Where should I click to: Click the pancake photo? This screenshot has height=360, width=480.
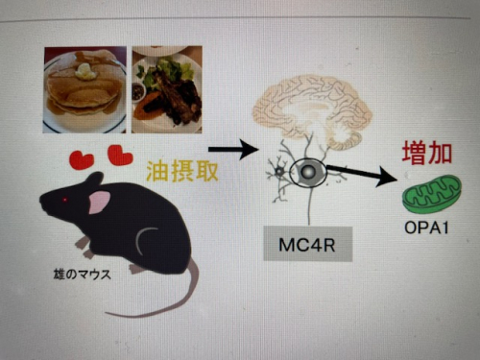click(x=84, y=90)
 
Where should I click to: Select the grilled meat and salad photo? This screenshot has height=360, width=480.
click(x=167, y=89)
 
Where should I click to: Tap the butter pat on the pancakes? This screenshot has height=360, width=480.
click(x=85, y=71)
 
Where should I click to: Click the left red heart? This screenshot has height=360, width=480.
click(x=82, y=160)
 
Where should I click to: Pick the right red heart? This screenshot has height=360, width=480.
click(x=120, y=156)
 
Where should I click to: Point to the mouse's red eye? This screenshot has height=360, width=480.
click(x=65, y=200)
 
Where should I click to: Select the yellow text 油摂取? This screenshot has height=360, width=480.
click(x=182, y=171)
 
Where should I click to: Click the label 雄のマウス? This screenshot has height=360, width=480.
click(x=83, y=275)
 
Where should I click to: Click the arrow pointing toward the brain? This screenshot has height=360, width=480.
click(x=233, y=149)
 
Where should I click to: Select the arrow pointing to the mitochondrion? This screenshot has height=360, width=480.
click(x=362, y=174)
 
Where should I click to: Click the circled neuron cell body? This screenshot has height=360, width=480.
click(x=308, y=172)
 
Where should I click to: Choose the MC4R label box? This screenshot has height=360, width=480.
click(x=307, y=244)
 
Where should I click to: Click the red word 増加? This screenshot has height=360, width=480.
click(x=427, y=154)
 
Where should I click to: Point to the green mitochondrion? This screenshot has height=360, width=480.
click(x=432, y=195)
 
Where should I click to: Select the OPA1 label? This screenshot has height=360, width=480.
click(x=426, y=228)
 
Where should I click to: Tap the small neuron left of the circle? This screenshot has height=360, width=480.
click(x=279, y=172)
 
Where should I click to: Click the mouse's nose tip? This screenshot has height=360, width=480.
click(x=41, y=201)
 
